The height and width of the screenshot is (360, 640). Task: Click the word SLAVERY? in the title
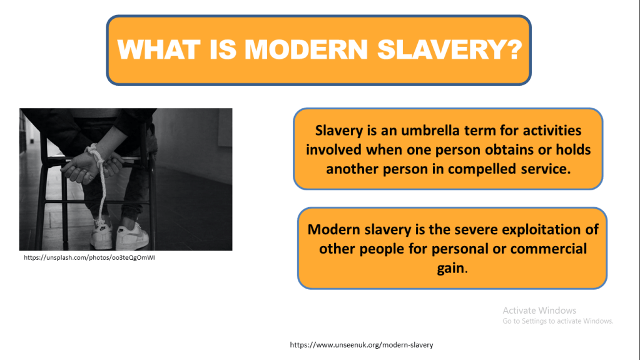pos(449,49)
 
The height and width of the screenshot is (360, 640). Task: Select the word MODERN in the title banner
pos(306,49)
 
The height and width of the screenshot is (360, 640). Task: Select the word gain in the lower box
pos(450,269)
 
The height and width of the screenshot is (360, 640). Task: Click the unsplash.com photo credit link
pos(89,257)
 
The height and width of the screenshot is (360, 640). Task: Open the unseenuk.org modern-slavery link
pos(362,345)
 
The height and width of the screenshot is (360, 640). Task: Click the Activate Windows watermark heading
pos(539,311)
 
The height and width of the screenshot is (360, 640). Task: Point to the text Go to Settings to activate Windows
pos(558,321)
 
